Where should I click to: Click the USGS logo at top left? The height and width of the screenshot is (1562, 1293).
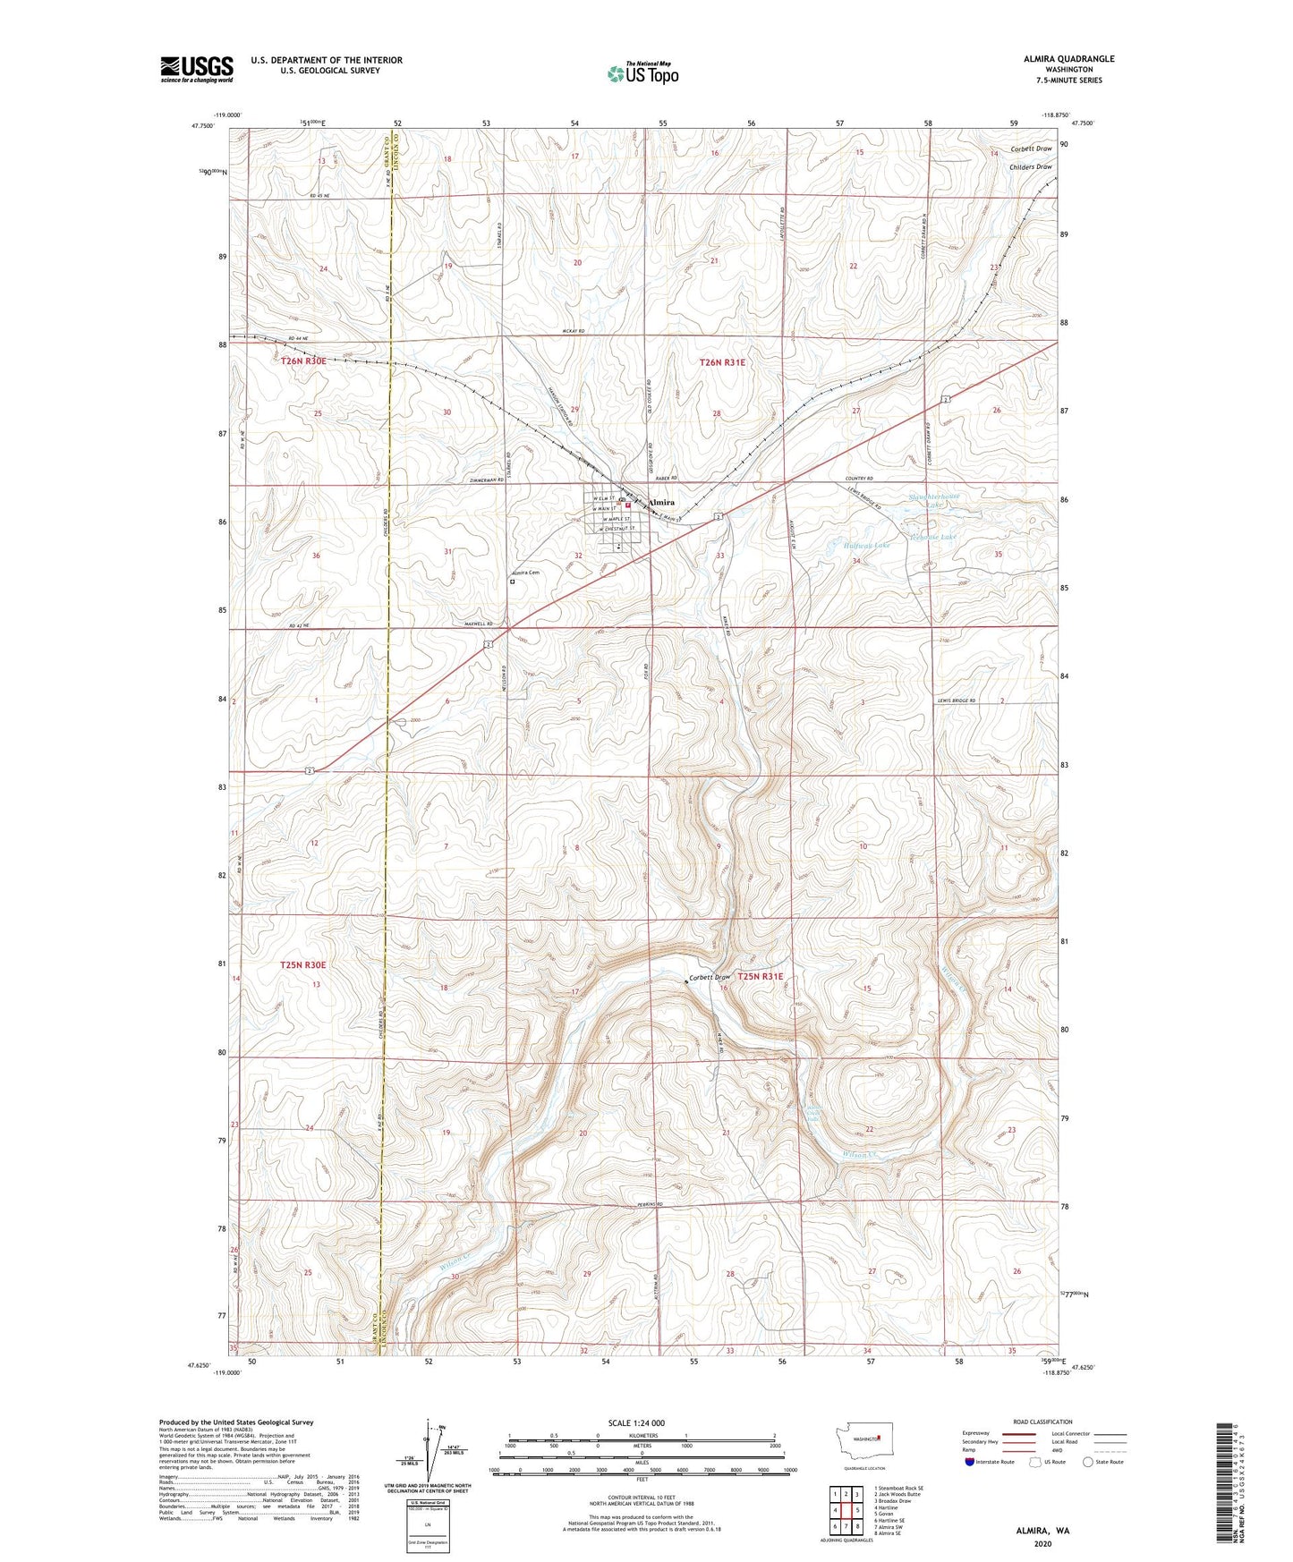click(197, 69)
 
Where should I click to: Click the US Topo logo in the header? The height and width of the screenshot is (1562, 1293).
click(642, 74)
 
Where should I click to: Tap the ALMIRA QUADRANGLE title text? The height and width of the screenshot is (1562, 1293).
click(1068, 59)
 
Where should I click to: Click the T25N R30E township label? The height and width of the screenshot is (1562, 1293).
click(303, 965)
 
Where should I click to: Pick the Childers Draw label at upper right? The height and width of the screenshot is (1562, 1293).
click(1031, 166)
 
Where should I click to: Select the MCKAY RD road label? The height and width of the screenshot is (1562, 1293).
click(574, 332)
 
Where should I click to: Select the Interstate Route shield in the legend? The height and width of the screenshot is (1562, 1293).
click(970, 1462)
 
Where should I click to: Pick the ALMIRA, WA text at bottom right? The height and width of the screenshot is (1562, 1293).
click(1042, 1531)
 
